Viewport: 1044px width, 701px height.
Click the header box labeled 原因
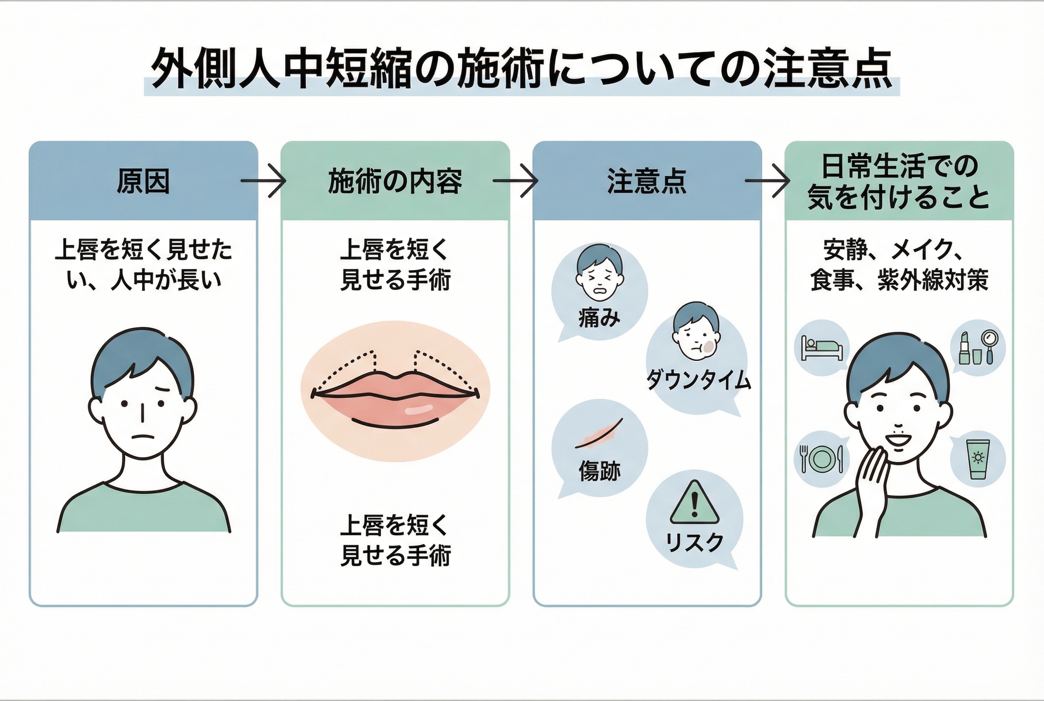[x=143, y=181]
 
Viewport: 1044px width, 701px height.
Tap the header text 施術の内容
[x=395, y=181]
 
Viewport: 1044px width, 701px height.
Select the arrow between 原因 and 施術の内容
[x=263, y=181]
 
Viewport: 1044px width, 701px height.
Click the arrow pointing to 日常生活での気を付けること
[x=767, y=181]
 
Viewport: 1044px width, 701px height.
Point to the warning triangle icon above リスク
[x=694, y=503]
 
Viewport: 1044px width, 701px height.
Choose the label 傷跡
[x=600, y=471]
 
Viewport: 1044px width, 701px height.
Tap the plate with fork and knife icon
[x=821, y=459]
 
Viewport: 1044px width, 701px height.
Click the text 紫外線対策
[x=933, y=280]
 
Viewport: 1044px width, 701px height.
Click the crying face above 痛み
[x=600, y=275]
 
